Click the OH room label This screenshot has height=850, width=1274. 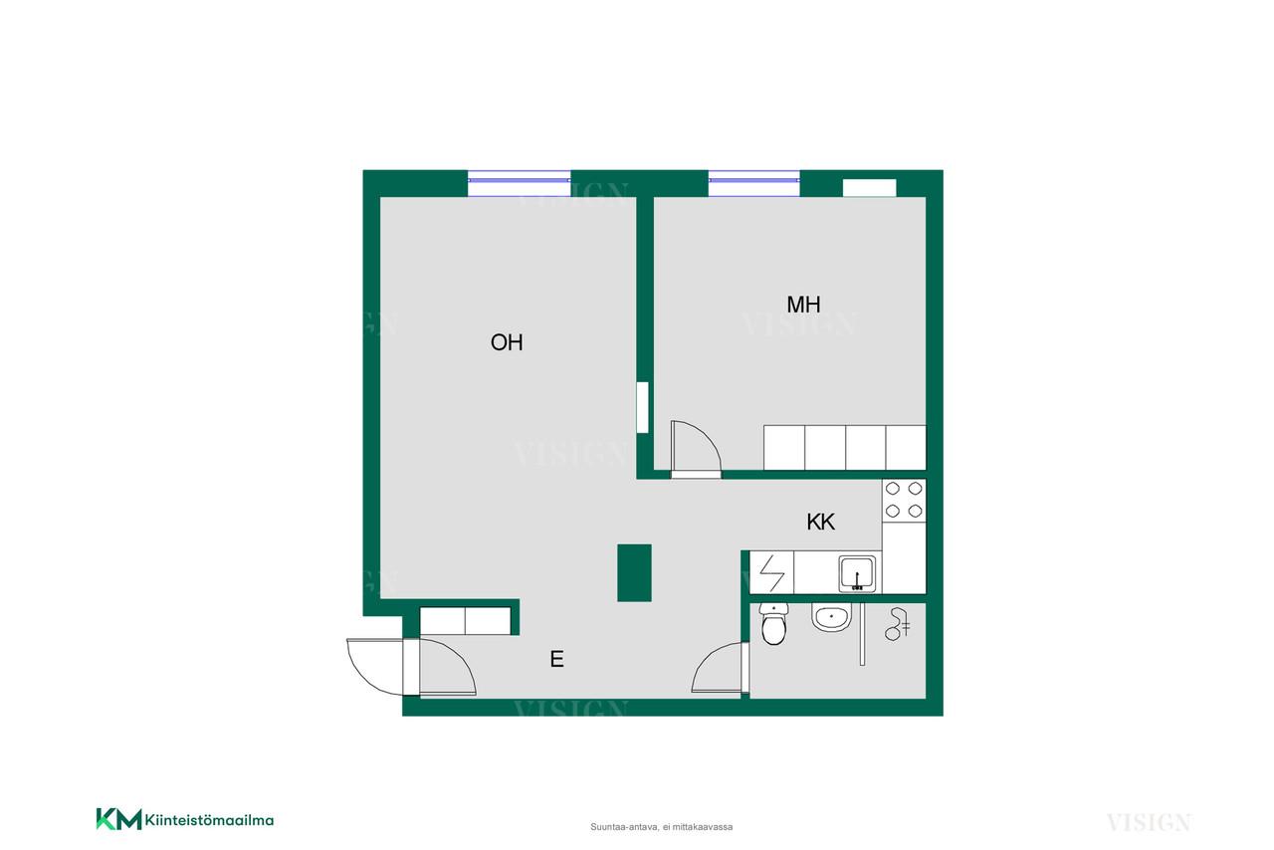point(507,342)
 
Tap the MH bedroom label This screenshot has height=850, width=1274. point(803,305)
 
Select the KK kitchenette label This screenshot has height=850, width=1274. point(820,522)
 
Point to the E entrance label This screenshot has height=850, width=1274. point(556,659)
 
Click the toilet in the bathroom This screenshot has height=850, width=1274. point(773,623)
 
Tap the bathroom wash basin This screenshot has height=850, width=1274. point(831,618)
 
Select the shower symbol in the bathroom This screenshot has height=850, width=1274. point(897,624)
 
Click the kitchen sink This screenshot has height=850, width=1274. point(857,574)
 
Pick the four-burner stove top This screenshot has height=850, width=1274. point(904,500)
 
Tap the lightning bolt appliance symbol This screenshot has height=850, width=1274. point(771,572)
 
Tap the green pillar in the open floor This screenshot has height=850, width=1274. point(634,572)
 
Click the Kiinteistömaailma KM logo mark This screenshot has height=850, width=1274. point(118,819)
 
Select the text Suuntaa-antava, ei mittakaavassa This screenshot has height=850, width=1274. point(661,827)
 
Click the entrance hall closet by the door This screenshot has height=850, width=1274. point(465,621)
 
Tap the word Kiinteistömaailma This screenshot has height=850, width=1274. point(209,820)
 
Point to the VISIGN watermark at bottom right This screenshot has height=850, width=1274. point(1149,822)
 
